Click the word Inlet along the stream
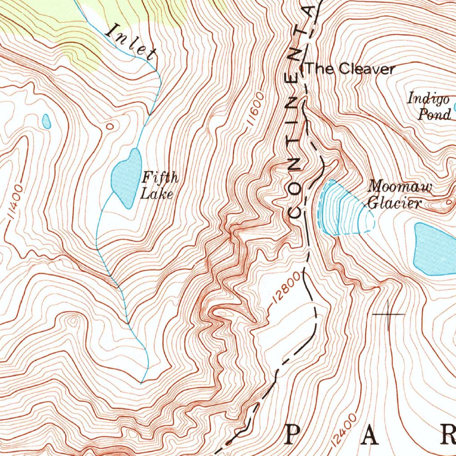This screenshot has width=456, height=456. [x=132, y=43]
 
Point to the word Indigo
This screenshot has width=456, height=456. [x=428, y=99]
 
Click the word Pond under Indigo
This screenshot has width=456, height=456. [x=435, y=115]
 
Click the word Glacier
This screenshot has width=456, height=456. [x=395, y=204]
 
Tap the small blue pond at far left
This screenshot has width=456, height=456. [x=46, y=121]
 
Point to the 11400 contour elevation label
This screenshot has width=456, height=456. [x=15, y=203]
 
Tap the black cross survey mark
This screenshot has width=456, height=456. [x=388, y=314]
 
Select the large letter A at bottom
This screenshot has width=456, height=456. [x=369, y=435]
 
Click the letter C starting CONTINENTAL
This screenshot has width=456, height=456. [x=295, y=210]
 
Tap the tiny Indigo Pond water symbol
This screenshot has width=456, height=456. [x=455, y=107]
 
